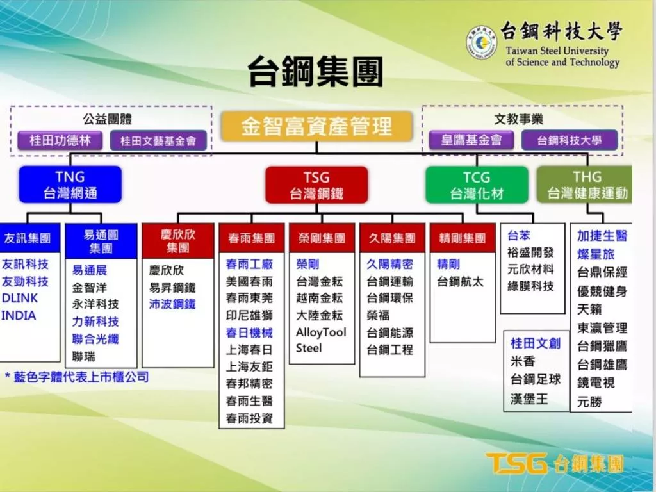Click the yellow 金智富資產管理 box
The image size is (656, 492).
coord(316,126)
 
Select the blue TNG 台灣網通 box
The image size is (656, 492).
coord(70,184)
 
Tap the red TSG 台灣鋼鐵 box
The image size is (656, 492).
coord(316,185)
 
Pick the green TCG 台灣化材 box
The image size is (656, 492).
coord(477,185)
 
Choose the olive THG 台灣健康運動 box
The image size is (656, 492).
coord(584,185)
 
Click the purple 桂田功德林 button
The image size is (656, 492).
coord(60,140)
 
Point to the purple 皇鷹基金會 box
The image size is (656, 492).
coord(471,140)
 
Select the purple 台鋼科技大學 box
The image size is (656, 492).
coord(570,140)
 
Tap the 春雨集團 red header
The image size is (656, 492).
coord(251,238)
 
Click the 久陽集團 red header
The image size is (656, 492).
coord(392,238)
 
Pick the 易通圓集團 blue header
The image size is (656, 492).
coord(101,241)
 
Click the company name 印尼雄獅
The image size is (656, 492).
coord(249,315)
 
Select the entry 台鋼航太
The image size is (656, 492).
coord(460,282)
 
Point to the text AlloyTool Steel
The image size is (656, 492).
coord(321,340)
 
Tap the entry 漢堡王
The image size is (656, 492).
coord(529,398)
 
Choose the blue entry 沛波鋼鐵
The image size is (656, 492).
coord(172,304)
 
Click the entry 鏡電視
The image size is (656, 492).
coord(596,382)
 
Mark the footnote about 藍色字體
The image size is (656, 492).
coord(77,377)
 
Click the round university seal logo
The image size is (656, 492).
coord(482,42)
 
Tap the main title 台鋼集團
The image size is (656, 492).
coord(316,71)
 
